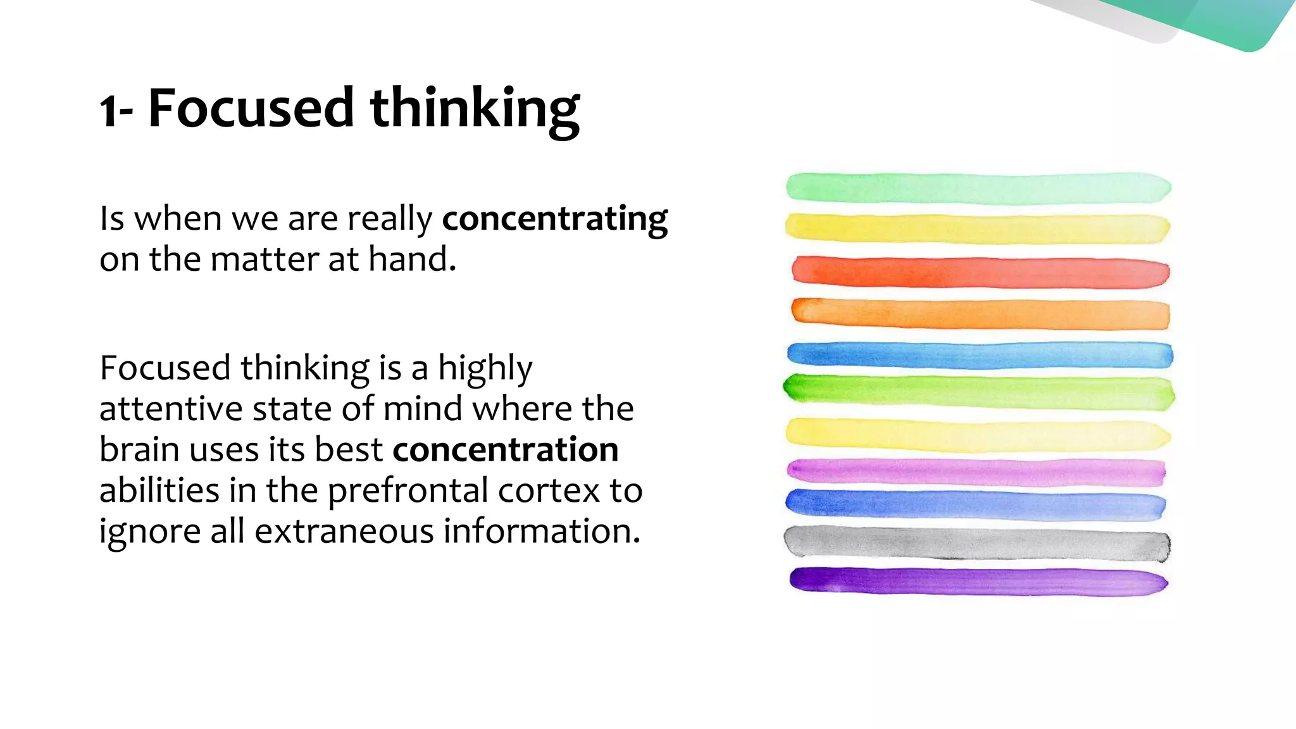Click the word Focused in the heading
point(251,108)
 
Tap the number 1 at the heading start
point(109,111)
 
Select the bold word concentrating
point(554,219)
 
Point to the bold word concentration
point(505,450)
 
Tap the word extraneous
point(344,531)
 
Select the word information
point(542,531)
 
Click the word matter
point(265,259)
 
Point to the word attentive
point(171,409)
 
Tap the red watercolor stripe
point(980,273)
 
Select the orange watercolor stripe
point(980,314)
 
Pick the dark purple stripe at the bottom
point(978,582)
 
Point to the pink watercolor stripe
point(976,472)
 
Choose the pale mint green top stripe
point(978,188)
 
